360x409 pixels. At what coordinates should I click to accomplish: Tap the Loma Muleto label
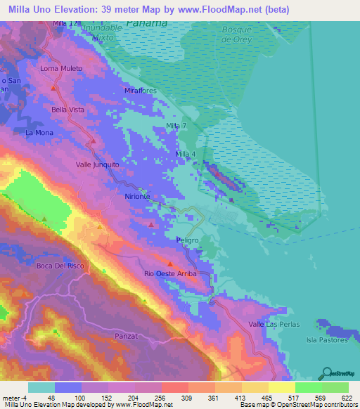[61, 68]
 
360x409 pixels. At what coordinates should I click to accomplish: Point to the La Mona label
[39, 132]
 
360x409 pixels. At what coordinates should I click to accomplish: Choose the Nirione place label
[138, 197]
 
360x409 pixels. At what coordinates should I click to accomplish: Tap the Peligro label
[188, 240]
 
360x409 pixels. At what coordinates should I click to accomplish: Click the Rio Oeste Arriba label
[170, 273]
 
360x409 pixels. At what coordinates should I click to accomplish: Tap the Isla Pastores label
[328, 340]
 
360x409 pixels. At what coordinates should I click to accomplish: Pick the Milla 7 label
[176, 125]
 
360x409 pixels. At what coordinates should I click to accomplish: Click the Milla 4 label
[184, 153]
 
